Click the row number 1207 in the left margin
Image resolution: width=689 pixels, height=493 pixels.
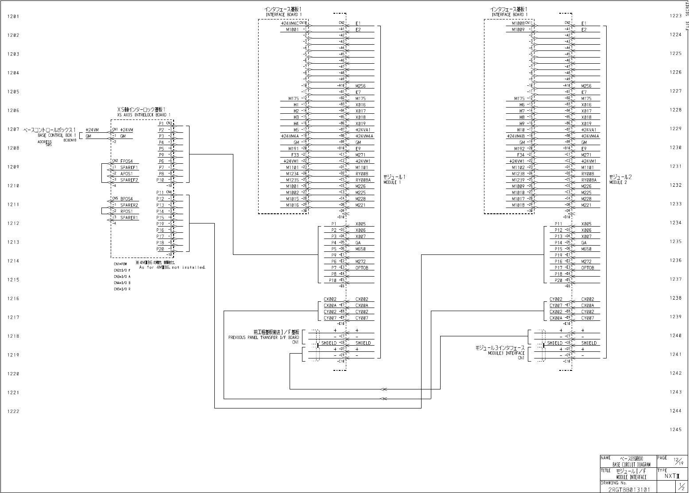(x=13, y=130)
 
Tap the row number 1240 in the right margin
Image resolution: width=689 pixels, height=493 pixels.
(x=675, y=336)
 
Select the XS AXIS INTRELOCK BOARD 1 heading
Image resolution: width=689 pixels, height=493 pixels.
(x=144, y=115)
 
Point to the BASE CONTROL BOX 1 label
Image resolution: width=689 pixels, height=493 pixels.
(x=57, y=135)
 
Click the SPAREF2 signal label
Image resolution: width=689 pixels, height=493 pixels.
(x=129, y=180)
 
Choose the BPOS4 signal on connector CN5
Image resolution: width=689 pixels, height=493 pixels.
(x=127, y=199)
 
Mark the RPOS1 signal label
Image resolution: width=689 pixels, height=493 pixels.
(x=127, y=212)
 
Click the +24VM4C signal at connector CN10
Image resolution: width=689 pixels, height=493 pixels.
(x=290, y=23)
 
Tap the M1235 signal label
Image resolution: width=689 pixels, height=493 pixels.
(x=293, y=180)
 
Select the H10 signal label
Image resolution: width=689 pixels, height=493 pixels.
(x=522, y=130)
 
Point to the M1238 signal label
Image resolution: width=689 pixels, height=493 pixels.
(x=519, y=174)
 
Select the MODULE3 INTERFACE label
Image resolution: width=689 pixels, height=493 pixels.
(x=506, y=353)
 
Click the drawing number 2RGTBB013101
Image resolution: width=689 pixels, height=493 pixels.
(x=629, y=490)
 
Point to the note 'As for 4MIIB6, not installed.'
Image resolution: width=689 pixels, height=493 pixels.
(x=172, y=267)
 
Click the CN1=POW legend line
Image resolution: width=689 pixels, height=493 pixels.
(x=120, y=264)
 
